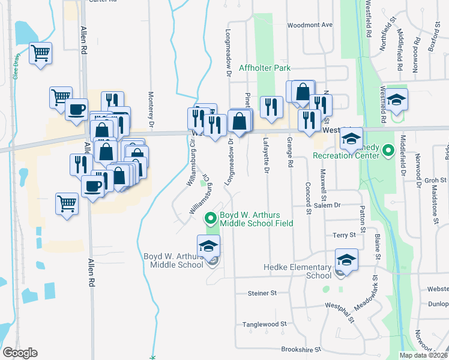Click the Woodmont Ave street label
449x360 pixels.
tap(310, 25)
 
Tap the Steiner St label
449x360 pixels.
tap(262, 293)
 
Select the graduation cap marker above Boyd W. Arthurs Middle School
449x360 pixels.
tap(208, 246)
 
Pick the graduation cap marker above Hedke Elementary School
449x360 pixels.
tap(346, 260)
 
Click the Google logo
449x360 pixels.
tap(20, 353)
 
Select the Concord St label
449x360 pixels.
tap(309, 199)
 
